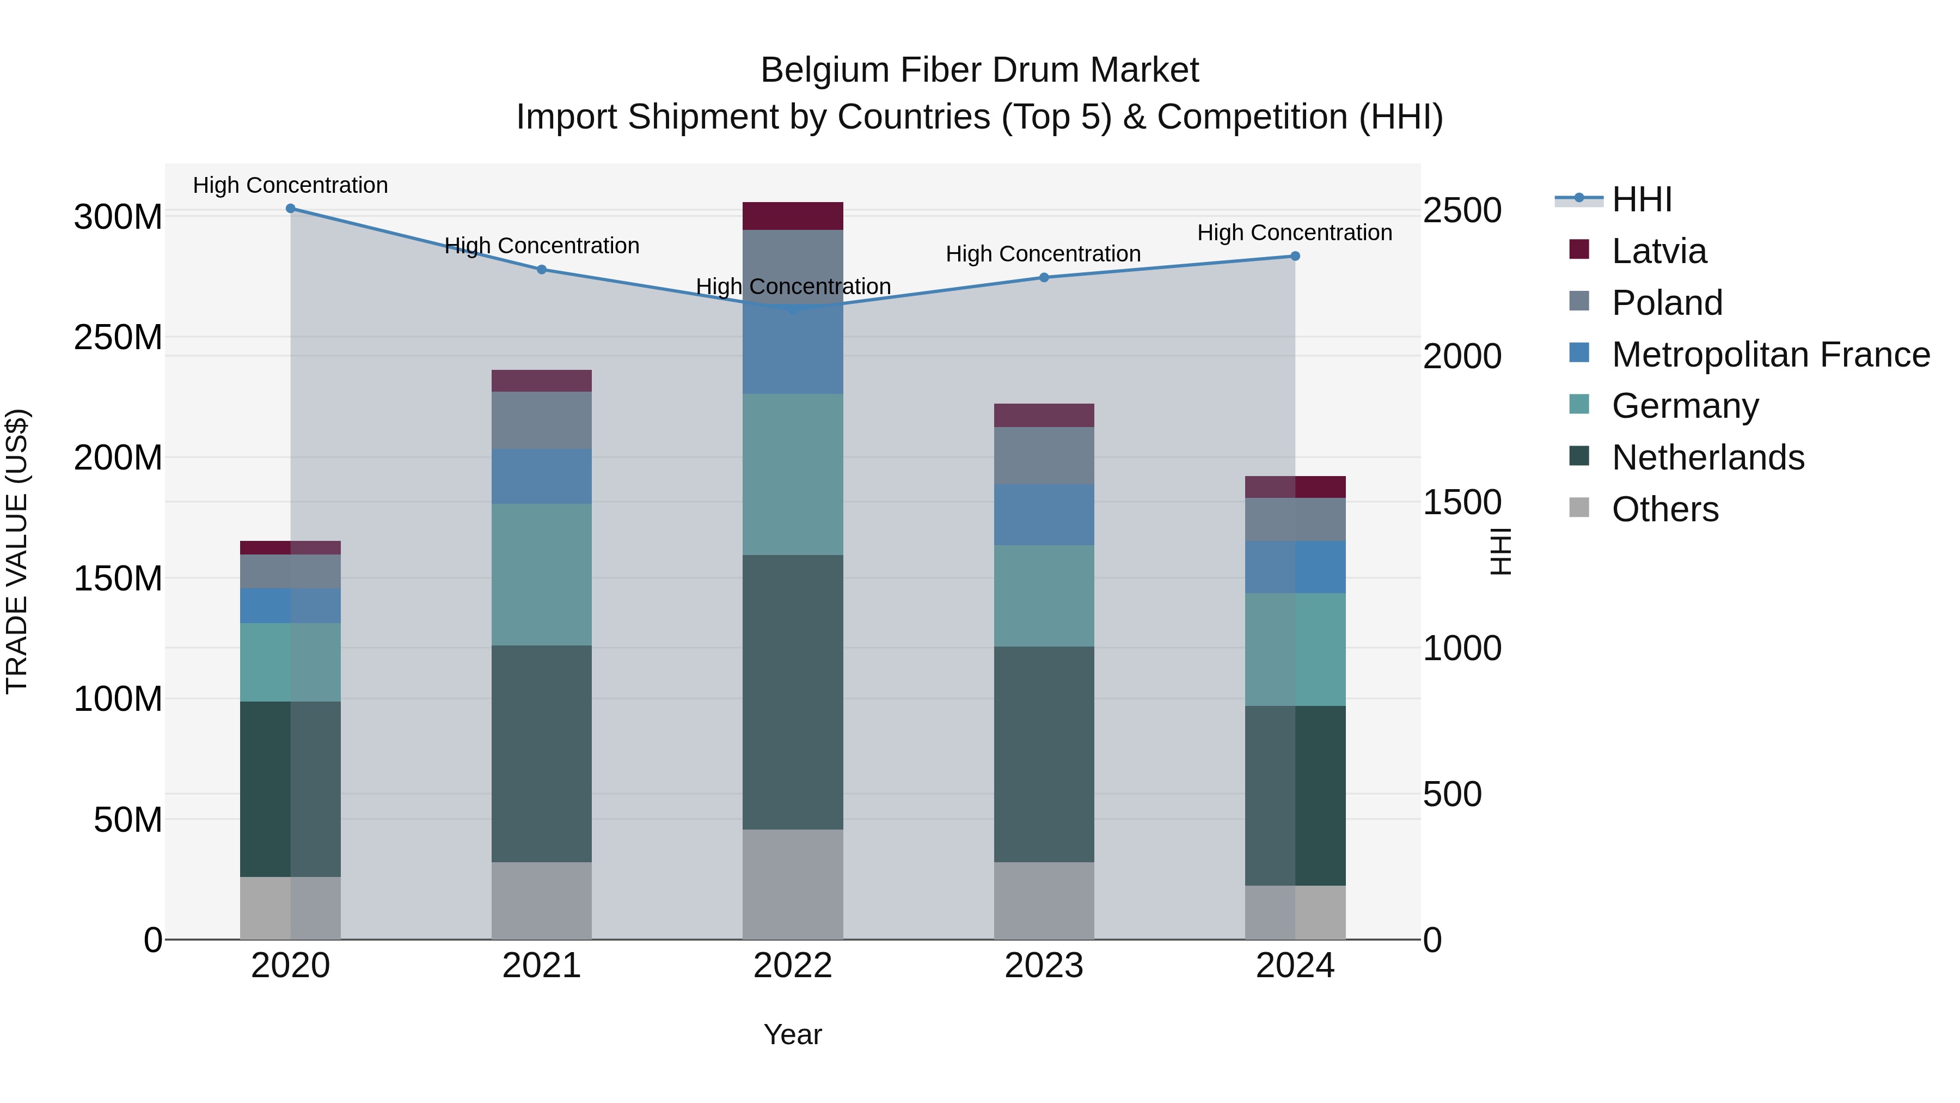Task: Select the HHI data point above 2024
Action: [x=1295, y=257]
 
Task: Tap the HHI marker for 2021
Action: [x=542, y=270]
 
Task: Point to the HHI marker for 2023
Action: [x=1044, y=278]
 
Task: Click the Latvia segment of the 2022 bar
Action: [x=793, y=216]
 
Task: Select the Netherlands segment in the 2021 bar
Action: [x=542, y=754]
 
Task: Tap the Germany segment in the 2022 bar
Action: [x=793, y=474]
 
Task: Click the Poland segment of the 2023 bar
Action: [x=1044, y=456]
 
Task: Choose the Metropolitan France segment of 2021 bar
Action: [x=542, y=477]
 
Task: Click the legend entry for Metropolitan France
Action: [x=1770, y=355]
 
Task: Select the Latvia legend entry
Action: [x=1659, y=251]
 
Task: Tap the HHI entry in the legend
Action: [x=1641, y=199]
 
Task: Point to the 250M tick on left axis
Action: [x=118, y=337]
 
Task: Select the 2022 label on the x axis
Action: [x=793, y=966]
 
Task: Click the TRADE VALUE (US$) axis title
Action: [x=17, y=551]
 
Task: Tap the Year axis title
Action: [x=793, y=1034]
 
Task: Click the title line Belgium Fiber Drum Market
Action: [x=979, y=70]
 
